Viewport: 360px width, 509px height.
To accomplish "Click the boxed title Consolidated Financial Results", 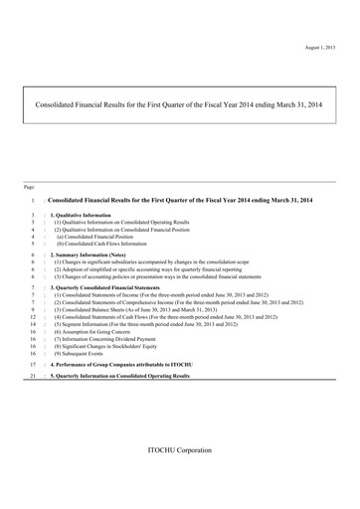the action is [x=179, y=102].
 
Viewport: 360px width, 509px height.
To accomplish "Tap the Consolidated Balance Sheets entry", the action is [x=169, y=309].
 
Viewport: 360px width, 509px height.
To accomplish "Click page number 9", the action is [x=34, y=309].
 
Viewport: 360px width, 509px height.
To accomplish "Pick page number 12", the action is [x=34, y=316].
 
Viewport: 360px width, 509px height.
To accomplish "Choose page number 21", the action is [x=34, y=378].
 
